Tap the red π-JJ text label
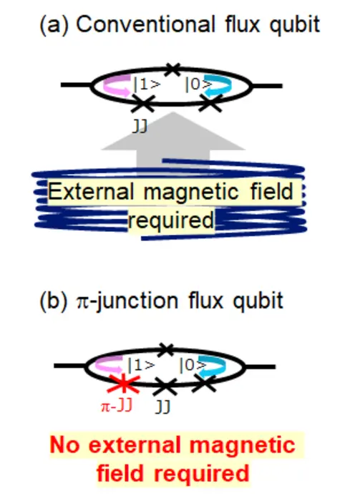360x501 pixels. pos(115,407)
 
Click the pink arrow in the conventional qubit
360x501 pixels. pos(115,84)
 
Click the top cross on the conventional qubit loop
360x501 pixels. pos(172,69)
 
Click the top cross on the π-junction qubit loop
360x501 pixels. pos(166,349)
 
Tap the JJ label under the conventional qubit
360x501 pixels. pos(143,123)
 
